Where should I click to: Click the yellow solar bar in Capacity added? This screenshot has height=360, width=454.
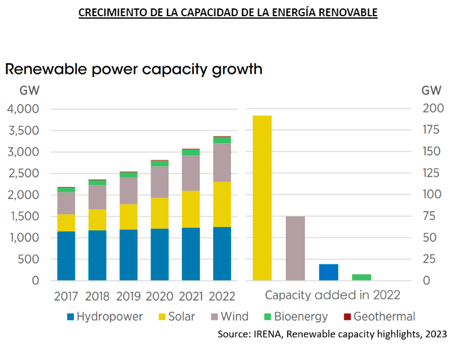pyautogui.click(x=262, y=198)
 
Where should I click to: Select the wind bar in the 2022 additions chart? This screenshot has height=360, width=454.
pyautogui.click(x=295, y=248)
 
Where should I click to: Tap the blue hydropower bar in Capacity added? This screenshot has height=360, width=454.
pyautogui.click(x=328, y=272)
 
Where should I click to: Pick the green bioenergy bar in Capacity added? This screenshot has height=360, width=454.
pyautogui.click(x=362, y=277)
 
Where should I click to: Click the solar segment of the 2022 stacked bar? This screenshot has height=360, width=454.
pyautogui.click(x=222, y=204)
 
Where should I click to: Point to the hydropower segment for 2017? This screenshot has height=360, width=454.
pyautogui.click(x=66, y=255)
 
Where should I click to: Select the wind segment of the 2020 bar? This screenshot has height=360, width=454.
pyautogui.click(x=159, y=182)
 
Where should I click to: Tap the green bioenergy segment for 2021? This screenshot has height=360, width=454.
pyautogui.click(x=190, y=152)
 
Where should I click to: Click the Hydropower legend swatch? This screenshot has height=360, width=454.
pyautogui.click(x=71, y=317)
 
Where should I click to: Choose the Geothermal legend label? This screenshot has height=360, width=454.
pyautogui.click(x=384, y=317)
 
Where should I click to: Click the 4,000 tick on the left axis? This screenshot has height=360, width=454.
pyautogui.click(x=23, y=109)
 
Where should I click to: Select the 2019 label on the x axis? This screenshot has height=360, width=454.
pyautogui.click(x=128, y=296)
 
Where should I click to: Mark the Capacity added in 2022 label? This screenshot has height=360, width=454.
pyautogui.click(x=332, y=296)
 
